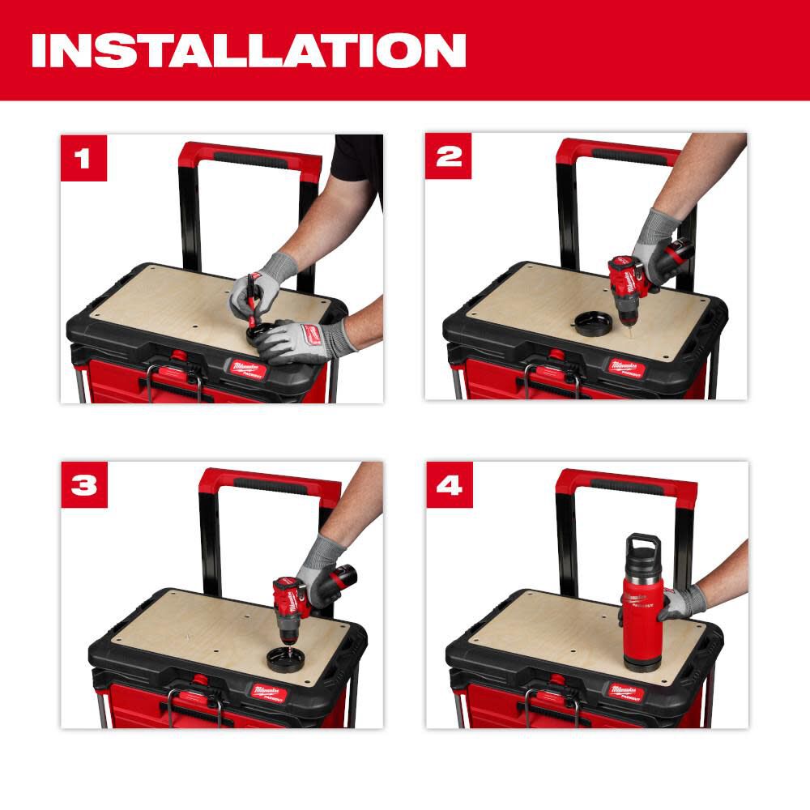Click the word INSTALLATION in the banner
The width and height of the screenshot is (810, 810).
tap(248, 50)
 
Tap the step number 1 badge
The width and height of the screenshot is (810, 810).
tap(83, 158)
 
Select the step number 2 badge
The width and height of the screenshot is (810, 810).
tap(449, 158)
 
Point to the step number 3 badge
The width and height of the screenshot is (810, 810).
tap(83, 485)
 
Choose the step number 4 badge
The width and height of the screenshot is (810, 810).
tap(449, 485)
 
